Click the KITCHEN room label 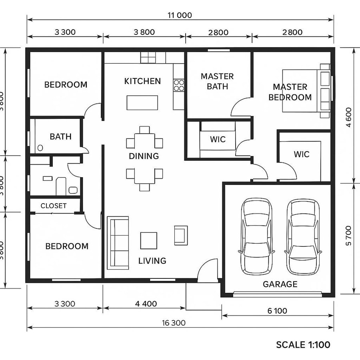tap(142, 81)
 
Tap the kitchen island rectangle tap(142, 102)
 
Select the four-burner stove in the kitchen tap(179, 85)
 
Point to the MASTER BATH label tap(217, 81)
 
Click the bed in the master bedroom tap(306, 91)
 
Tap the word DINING tap(144, 156)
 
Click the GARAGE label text tap(280, 284)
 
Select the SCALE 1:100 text tap(303, 345)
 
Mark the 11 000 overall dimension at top tap(180, 16)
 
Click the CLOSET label tap(54, 206)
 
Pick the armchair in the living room tap(181, 235)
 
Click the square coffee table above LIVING tap(148, 240)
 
